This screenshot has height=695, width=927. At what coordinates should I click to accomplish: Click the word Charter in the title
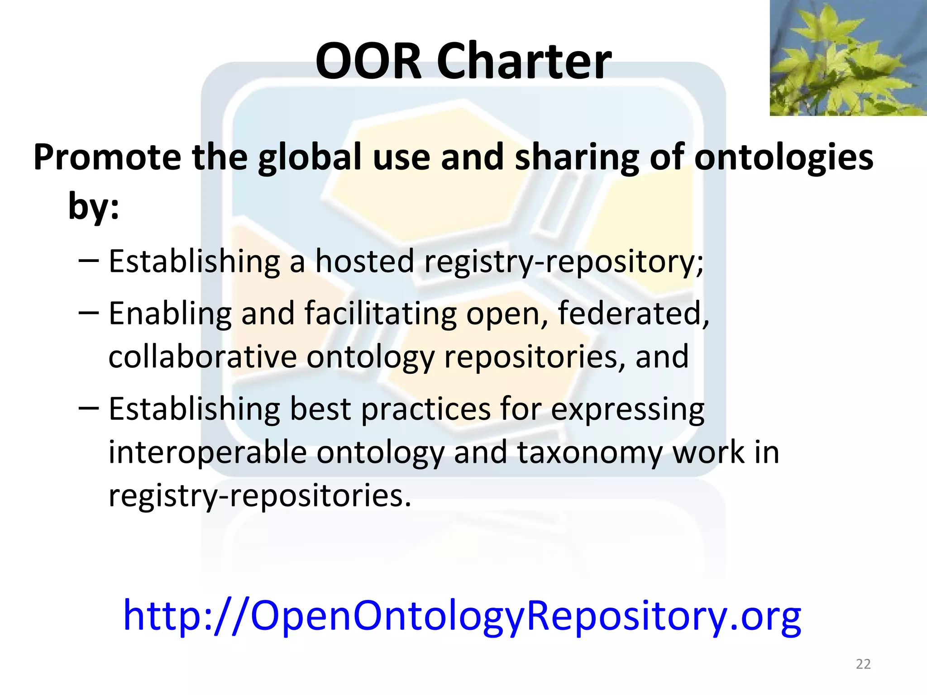[524, 61]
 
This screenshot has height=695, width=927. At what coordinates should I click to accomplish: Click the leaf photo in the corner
[848, 57]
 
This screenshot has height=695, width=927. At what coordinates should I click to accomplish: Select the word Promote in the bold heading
[107, 157]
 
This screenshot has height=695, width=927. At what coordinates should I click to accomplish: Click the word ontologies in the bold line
[784, 157]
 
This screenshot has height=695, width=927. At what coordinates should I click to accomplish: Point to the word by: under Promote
[94, 206]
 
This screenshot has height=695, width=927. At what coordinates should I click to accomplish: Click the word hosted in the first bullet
[364, 261]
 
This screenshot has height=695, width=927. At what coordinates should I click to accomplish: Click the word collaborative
[202, 357]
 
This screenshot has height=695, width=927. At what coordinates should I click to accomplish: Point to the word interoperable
[207, 452]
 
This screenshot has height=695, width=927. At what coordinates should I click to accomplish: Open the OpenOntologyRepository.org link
[462, 615]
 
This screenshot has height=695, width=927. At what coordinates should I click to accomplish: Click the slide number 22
[863, 664]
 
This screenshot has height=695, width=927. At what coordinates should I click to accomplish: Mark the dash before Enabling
[88, 312]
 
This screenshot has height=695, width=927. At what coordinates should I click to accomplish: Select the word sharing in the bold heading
[576, 158]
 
